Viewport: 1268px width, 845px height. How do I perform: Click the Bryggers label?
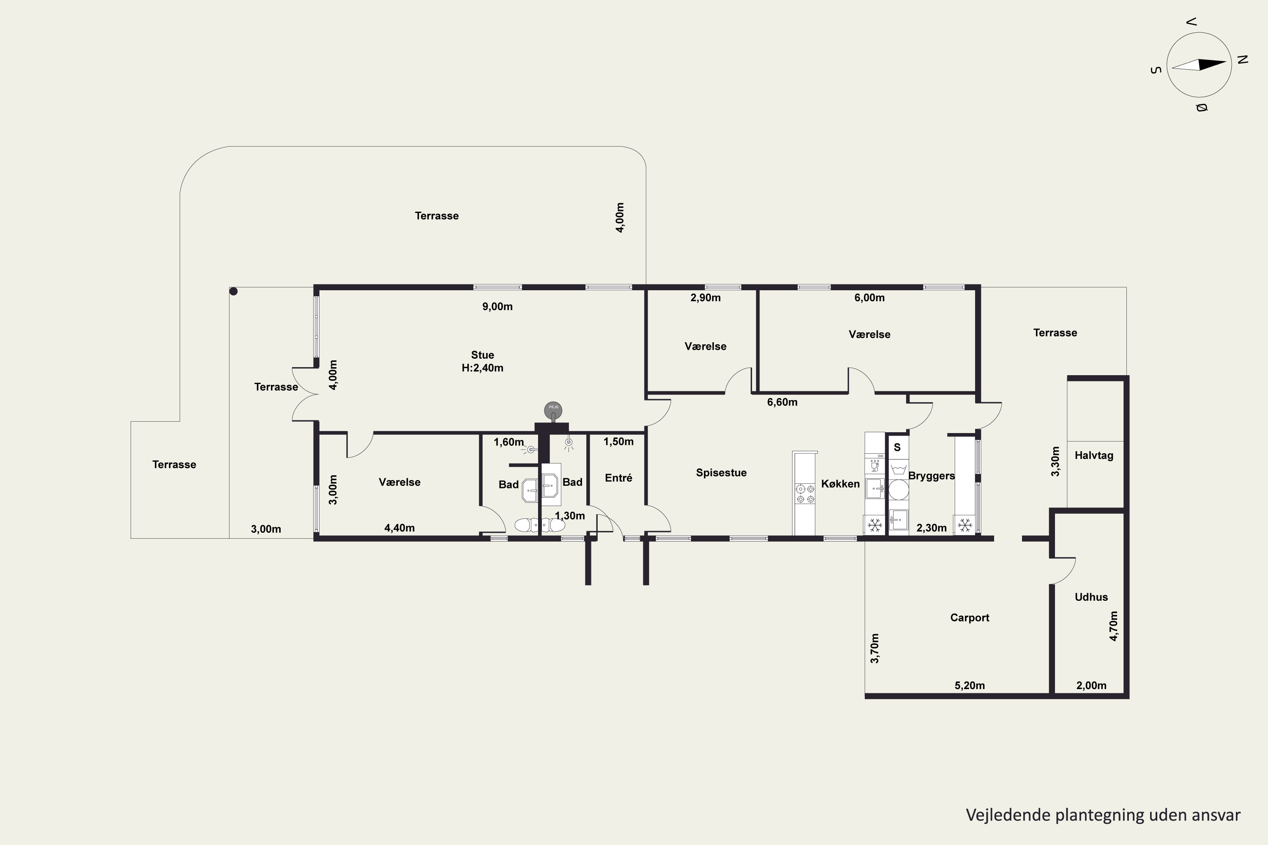[931, 476]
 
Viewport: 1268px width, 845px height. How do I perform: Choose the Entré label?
[618, 478]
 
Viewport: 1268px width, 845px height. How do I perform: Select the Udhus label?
[1091, 597]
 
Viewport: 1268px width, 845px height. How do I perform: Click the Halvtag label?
[1094, 455]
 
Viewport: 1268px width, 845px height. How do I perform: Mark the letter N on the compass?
[1243, 60]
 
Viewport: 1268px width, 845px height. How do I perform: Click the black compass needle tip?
[1227, 62]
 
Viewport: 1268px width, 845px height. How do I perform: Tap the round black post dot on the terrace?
[233, 292]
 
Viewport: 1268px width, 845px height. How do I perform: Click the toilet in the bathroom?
[540, 525]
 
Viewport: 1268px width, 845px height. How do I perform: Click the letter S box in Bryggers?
[897, 447]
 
